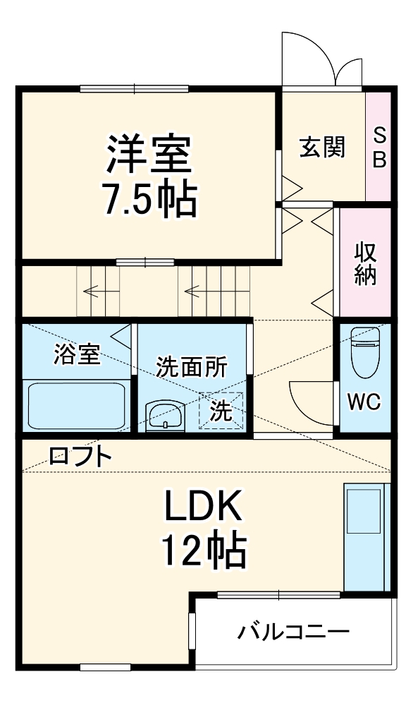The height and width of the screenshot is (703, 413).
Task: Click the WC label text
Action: pyautogui.click(x=364, y=403)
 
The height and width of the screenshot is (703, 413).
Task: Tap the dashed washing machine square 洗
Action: pyautogui.click(x=221, y=410)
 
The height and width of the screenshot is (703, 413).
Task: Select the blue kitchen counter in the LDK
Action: pyautogui.click(x=365, y=536)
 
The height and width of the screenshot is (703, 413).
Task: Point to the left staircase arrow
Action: pyautogui.click(x=95, y=289)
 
